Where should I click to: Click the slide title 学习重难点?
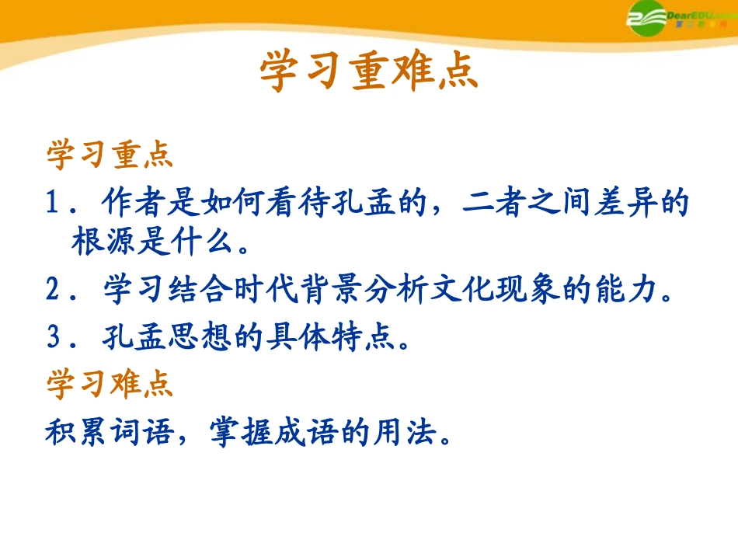(x=368, y=73)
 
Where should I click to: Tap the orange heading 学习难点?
(x=110, y=385)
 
